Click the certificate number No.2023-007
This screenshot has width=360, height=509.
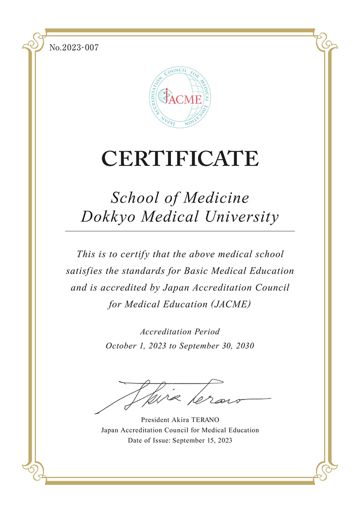coord(74,48)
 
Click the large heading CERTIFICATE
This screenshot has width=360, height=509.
coord(180,159)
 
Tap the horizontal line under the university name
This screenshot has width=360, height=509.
coord(180,231)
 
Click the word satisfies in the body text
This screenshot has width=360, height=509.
coord(83,271)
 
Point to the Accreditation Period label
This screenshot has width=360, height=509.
coord(180,331)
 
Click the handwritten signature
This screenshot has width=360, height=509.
coord(180,396)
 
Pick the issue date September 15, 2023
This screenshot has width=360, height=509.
coord(202,440)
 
